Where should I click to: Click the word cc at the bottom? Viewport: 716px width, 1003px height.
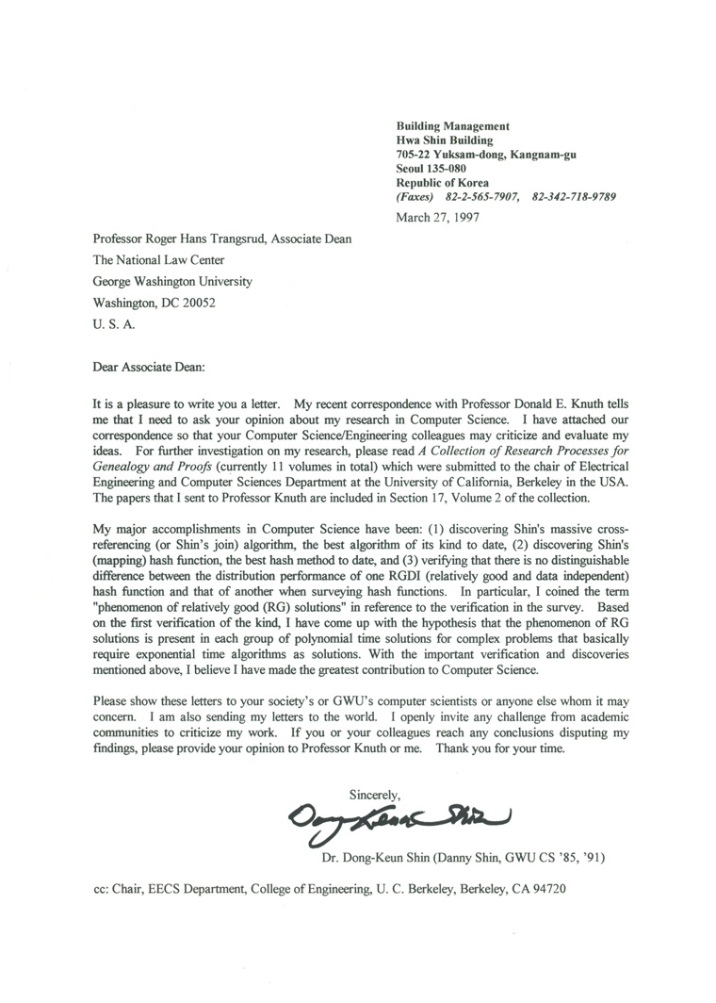click(99, 889)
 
